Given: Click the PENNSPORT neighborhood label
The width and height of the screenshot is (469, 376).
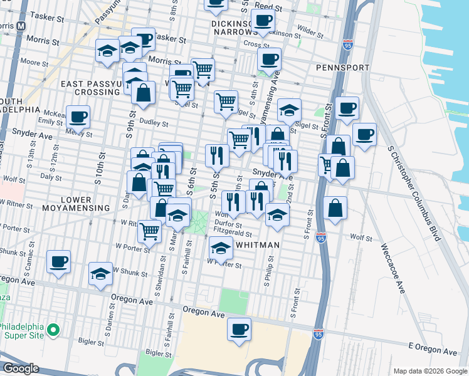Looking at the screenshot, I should tap(340, 67).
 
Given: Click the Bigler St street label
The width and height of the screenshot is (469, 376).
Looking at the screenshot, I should tap(92, 342).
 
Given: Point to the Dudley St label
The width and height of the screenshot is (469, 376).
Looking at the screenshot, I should tap(151, 122).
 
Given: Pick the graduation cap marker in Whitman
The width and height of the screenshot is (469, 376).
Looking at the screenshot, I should tap(220, 249).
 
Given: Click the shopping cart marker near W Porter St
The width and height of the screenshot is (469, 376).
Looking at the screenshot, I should tap(149, 231).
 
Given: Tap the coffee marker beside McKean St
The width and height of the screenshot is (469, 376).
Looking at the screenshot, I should tap(78, 116).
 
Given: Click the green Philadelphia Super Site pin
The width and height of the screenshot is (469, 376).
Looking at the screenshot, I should tap(54, 328).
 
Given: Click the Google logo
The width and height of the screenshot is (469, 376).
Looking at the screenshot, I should tap(21, 368).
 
